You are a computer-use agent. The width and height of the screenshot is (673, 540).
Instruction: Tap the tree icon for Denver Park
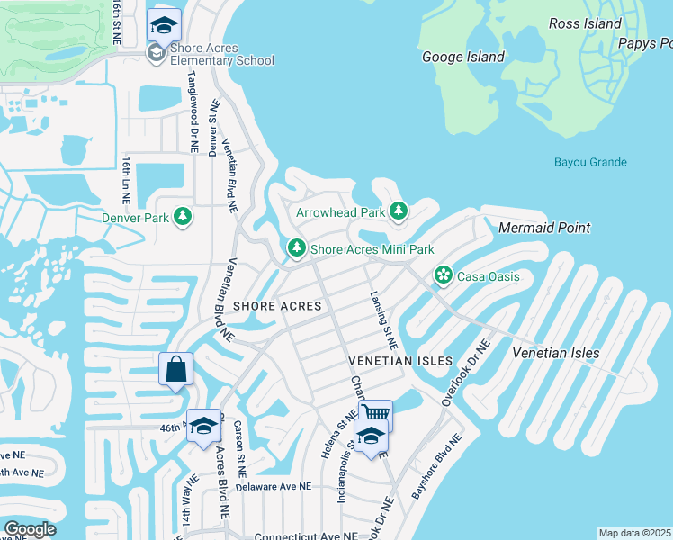pyautogui.click(x=183, y=217)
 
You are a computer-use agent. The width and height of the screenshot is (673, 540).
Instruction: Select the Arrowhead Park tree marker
pyautogui.click(x=399, y=212)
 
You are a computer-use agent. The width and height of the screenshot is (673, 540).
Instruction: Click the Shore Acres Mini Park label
pyautogui.click(x=372, y=248)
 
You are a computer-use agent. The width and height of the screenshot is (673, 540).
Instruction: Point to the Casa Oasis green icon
pyautogui.click(x=443, y=275)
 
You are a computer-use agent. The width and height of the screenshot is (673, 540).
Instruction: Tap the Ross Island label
pyautogui.click(x=586, y=23)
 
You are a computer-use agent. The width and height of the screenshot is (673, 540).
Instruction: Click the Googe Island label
pyautogui.click(x=463, y=57)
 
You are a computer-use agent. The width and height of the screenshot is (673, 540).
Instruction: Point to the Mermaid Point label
pyautogui.click(x=544, y=228)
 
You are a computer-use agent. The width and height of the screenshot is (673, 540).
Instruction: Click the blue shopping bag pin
pyautogui.click(x=175, y=369)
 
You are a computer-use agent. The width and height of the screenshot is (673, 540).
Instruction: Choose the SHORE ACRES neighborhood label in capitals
pyautogui.click(x=277, y=306)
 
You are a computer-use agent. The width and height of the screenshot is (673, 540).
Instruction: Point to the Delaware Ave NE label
pyautogui.click(x=273, y=486)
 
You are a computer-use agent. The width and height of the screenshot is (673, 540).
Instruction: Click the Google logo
pyautogui.click(x=30, y=529)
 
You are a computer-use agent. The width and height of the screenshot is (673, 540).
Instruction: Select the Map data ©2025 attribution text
pyautogui.click(x=635, y=533)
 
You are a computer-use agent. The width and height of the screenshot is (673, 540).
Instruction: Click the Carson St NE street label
pyautogui.click(x=240, y=448)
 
